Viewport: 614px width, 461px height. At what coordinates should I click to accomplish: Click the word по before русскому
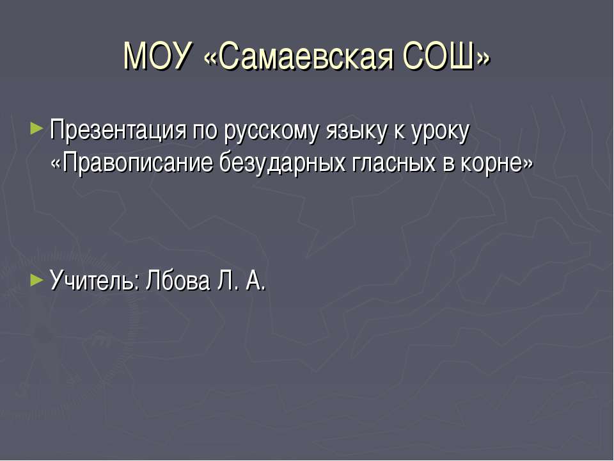(x=205, y=133)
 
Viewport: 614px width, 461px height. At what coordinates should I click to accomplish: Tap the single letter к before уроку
(x=398, y=133)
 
